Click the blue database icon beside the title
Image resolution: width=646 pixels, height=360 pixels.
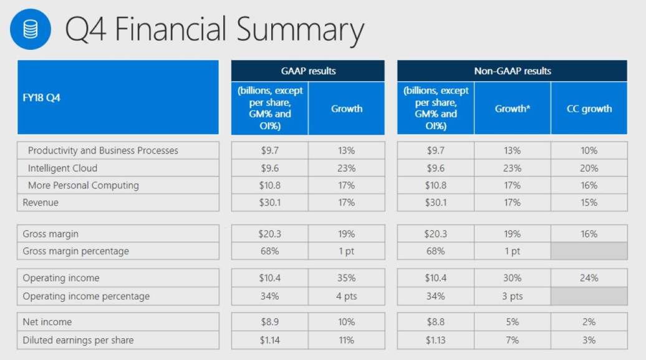[x=31, y=29]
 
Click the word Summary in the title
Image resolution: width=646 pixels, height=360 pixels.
[x=301, y=31]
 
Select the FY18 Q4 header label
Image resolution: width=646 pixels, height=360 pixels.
[x=42, y=98]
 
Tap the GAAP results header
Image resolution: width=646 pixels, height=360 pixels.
[x=308, y=71]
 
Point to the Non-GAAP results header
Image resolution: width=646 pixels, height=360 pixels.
[x=513, y=71]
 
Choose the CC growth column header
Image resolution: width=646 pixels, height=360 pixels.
[x=589, y=109]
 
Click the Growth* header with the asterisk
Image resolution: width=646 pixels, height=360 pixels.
[x=513, y=109]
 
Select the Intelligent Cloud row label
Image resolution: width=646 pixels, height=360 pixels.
[x=62, y=168]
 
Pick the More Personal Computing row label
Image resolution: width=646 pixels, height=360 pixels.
[x=83, y=185]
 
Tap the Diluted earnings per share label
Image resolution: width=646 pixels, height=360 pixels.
[x=79, y=340]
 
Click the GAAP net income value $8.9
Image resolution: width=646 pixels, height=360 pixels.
[x=270, y=322]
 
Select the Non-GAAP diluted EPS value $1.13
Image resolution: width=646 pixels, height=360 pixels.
[x=436, y=340]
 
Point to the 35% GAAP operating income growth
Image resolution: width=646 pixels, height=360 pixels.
[x=347, y=278]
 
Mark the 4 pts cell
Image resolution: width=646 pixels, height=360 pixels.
[x=347, y=296]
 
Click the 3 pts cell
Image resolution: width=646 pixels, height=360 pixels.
[x=513, y=296]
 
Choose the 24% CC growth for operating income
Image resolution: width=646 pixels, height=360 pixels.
[x=589, y=278]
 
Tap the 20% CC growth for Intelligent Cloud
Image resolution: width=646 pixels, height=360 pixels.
[x=589, y=168]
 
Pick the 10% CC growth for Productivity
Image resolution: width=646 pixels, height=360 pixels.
[x=589, y=150]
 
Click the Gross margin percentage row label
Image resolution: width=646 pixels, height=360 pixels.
[x=76, y=251]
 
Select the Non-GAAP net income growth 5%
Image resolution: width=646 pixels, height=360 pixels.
[x=513, y=322]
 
